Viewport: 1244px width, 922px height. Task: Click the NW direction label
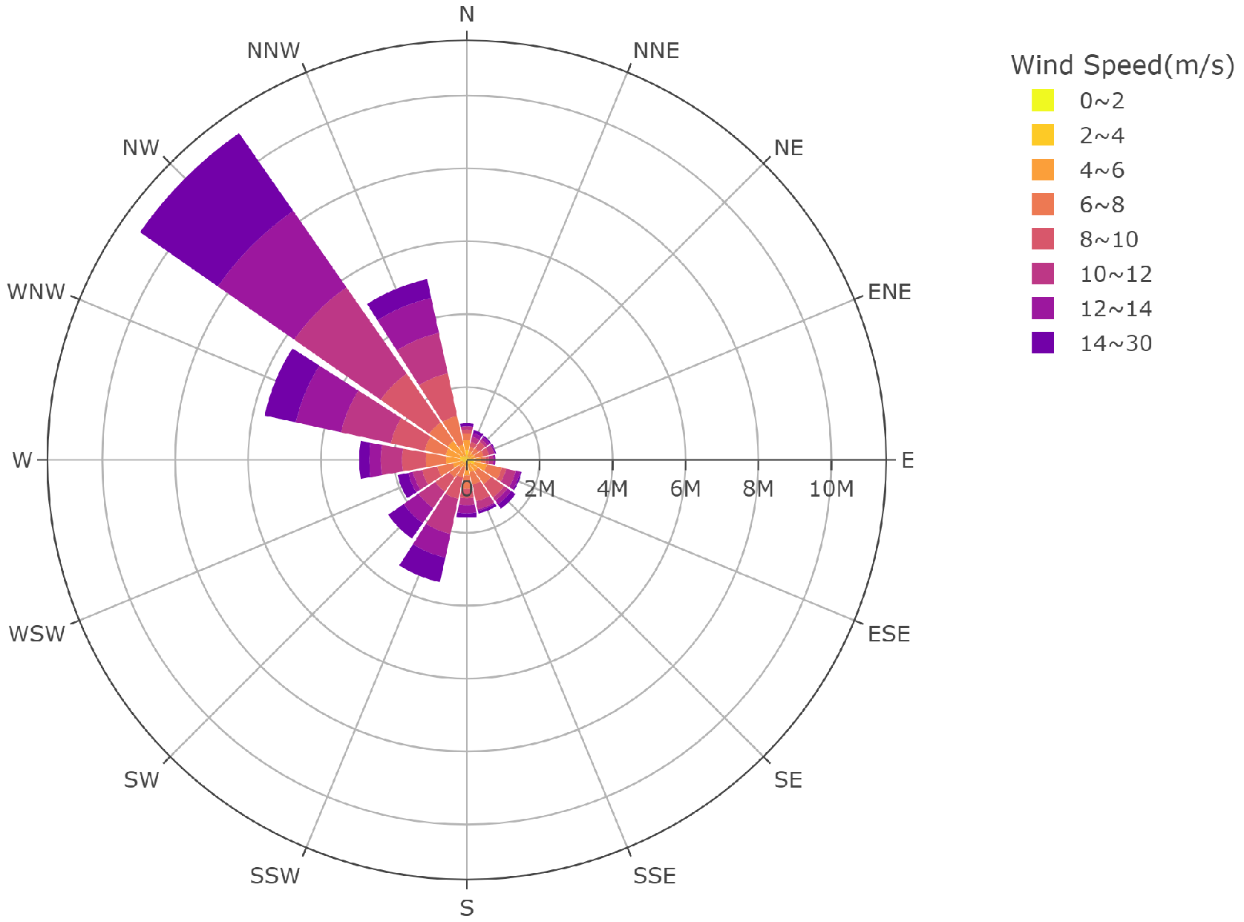pyautogui.click(x=141, y=148)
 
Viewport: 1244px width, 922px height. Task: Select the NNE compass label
pyautogui.click(x=655, y=50)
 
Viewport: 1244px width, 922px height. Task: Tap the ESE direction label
pyautogui.click(x=888, y=634)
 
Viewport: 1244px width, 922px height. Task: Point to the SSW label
pyautogui.click(x=275, y=876)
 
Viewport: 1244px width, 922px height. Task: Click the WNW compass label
pyautogui.click(x=36, y=292)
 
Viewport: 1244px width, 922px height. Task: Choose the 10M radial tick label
pyautogui.click(x=831, y=488)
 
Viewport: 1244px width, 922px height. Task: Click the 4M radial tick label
pyautogui.click(x=612, y=488)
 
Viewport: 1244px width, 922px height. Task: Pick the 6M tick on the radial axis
pyautogui.click(x=684, y=488)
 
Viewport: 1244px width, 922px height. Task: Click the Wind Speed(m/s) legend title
pyautogui.click(x=1122, y=65)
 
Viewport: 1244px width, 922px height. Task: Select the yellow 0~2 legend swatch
pyautogui.click(x=1043, y=100)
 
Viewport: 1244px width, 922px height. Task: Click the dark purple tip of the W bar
pyautogui.click(x=364, y=460)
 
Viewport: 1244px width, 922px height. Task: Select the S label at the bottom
pyautogui.click(x=466, y=908)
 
